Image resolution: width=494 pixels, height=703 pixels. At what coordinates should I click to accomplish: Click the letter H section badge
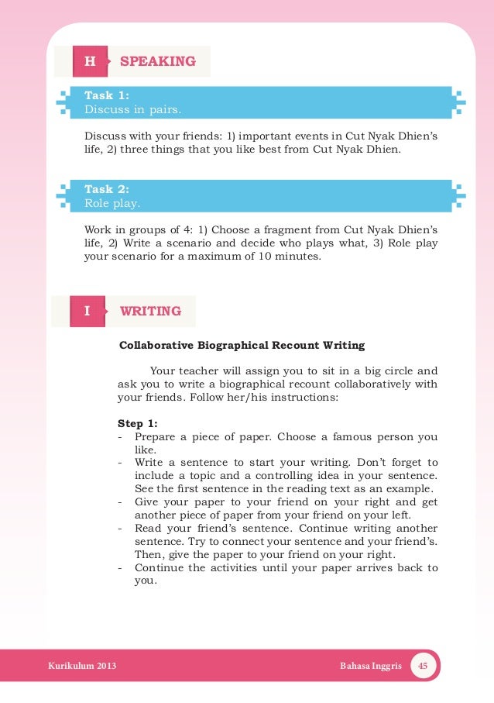coord(90,61)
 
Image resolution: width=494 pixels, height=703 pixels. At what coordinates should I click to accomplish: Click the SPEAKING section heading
coord(158,61)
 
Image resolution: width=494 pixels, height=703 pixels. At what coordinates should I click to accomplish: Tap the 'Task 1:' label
coord(106,95)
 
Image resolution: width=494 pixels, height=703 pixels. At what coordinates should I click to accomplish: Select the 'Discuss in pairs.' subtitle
coord(132,110)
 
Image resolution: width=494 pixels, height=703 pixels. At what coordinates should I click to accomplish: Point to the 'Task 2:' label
coord(106,188)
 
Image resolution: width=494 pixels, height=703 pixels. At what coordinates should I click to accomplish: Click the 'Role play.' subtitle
coord(112,203)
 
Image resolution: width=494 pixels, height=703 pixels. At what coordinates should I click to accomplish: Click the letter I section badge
coord(87,311)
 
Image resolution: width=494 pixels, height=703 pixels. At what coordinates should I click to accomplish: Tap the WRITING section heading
coord(150,311)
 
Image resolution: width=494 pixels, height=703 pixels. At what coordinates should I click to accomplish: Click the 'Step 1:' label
coord(137,423)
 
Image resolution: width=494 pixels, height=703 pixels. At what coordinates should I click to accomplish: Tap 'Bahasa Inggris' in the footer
coord(371,667)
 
